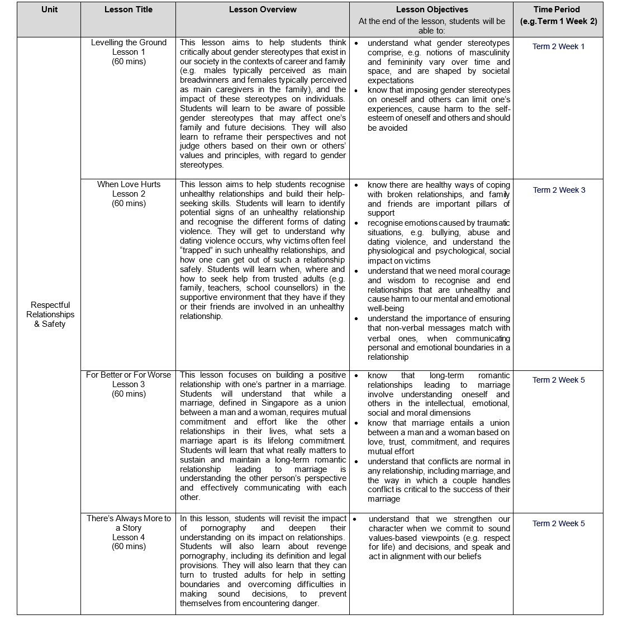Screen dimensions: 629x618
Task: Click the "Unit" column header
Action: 49,9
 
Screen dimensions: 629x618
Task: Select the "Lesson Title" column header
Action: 128,9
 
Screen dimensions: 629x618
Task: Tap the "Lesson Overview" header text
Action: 263,9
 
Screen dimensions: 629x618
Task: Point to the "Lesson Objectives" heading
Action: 431,9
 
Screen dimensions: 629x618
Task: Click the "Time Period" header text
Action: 557,9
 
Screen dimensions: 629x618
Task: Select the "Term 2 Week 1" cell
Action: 558,46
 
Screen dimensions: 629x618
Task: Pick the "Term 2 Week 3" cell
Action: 559,190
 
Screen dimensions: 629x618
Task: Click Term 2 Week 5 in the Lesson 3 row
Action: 559,380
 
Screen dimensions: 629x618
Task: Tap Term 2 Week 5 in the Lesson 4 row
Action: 559,523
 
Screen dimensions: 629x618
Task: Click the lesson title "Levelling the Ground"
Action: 129,42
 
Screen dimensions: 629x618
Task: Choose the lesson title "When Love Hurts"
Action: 129,184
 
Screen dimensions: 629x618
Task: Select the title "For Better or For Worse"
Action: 129,375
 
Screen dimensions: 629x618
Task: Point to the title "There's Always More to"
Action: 129,518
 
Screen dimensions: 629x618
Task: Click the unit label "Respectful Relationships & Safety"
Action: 50,314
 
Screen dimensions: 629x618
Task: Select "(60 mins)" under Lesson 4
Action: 129,546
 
